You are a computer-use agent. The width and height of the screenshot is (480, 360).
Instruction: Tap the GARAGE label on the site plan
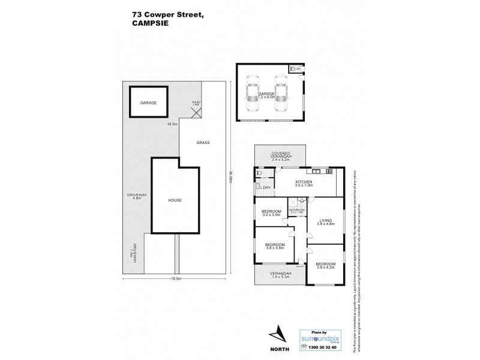tap(148, 103)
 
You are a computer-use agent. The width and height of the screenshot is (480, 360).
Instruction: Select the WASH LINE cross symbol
tap(196, 112)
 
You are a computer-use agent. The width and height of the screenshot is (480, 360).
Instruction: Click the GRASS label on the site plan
tap(202, 143)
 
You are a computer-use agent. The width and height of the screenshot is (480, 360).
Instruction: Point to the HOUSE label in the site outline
tap(175, 200)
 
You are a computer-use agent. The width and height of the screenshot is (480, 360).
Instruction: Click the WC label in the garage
tap(298, 70)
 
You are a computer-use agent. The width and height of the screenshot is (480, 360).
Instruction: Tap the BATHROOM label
tap(297, 211)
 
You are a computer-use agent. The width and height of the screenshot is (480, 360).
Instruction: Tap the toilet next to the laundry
tap(259, 173)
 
